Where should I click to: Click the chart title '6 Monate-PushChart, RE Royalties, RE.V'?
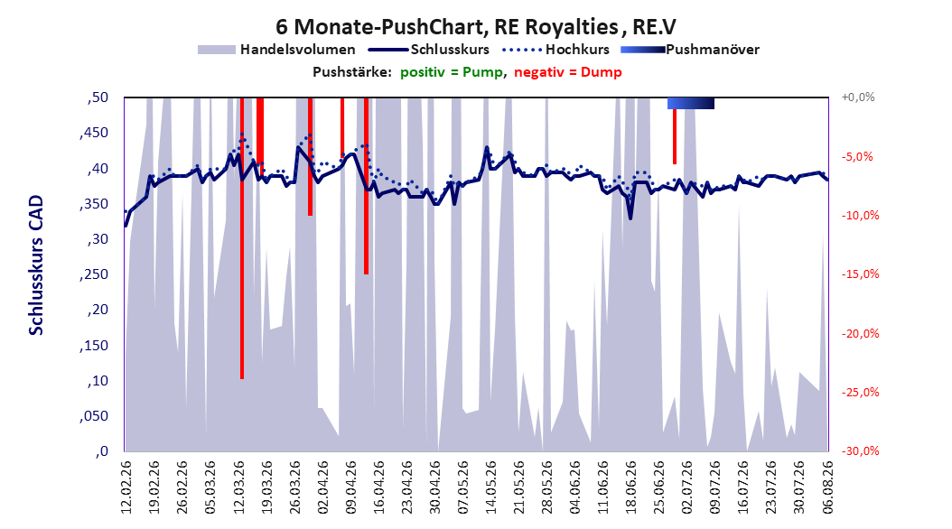[475, 27]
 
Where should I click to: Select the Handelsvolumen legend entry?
[276, 50]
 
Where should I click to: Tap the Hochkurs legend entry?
[555, 50]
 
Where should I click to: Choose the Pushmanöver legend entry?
[690, 50]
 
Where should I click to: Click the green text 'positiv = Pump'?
[452, 72]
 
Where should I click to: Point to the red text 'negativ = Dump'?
[568, 72]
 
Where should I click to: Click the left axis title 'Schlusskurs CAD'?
[36, 265]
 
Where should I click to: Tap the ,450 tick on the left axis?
[94, 133]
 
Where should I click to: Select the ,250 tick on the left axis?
[94, 274]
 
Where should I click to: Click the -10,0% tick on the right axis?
[860, 216]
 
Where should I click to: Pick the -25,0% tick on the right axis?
[860, 393]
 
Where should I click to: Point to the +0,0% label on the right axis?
[858, 97]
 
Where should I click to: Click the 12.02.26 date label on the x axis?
[126, 487]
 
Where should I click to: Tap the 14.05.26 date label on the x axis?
[491, 487]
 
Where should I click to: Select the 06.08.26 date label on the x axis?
[827, 487]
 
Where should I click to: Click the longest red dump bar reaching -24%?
[242, 238]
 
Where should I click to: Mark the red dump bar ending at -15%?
[366, 186]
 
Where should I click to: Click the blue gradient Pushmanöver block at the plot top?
[690, 103]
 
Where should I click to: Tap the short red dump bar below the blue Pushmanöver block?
[675, 136]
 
